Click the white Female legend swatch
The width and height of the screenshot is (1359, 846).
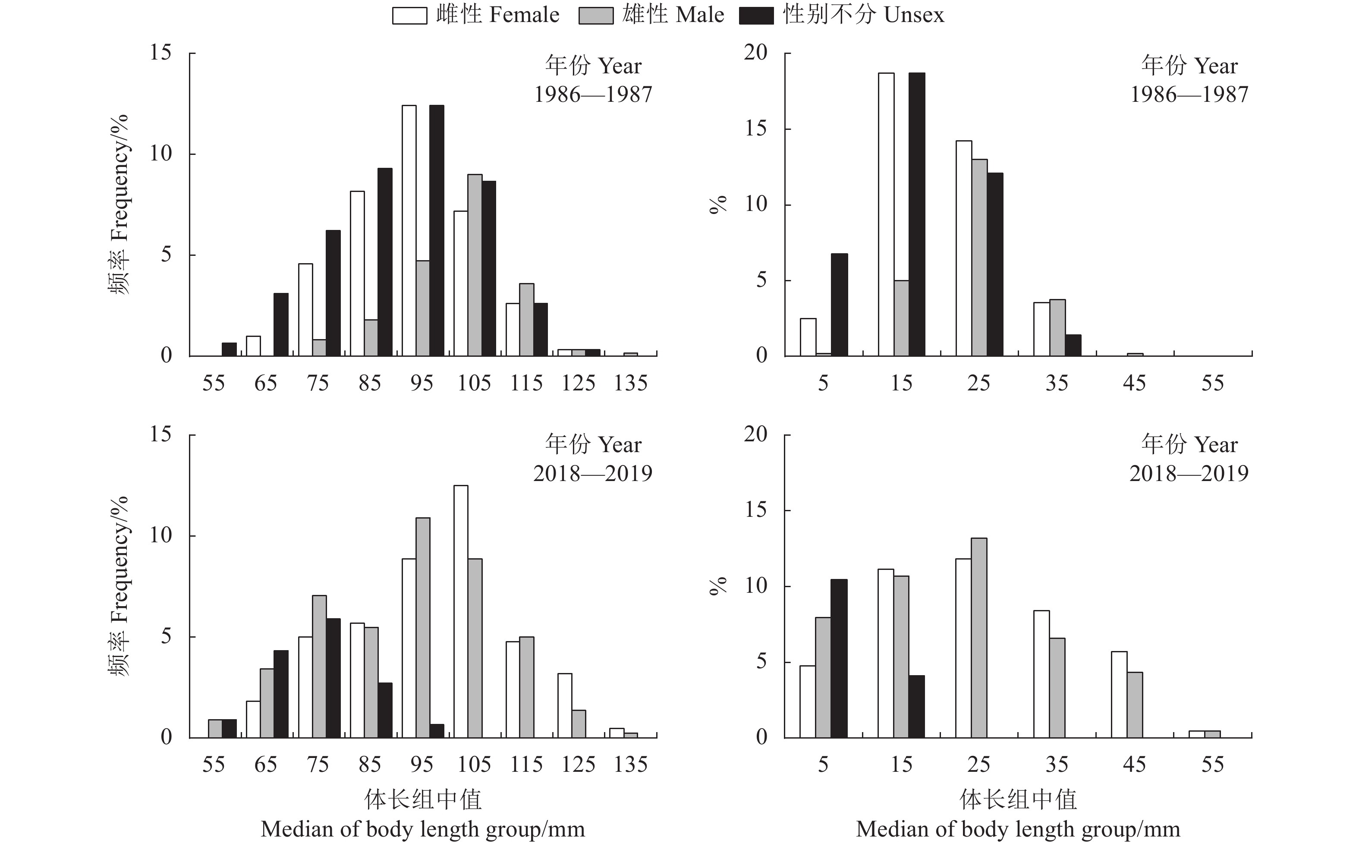pos(409,16)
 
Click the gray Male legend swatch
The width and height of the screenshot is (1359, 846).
pos(596,16)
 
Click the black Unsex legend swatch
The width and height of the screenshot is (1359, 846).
pos(756,16)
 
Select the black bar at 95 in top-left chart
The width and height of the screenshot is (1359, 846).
pos(437,230)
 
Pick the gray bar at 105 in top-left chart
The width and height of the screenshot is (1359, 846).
pos(475,265)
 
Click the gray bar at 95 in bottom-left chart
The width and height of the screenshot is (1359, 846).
pos(423,628)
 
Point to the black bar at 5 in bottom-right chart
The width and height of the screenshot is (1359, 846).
pos(839,659)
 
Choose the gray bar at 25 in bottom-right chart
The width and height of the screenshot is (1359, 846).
pos(978,638)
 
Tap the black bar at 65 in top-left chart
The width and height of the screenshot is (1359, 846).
pos(281,324)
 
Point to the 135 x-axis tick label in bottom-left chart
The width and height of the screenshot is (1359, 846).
pos(631,764)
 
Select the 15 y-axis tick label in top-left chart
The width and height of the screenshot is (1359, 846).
pos(160,53)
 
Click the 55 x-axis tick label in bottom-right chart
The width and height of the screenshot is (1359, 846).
pos(1212,764)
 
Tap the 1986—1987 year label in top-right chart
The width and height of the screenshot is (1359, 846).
pos(1189,94)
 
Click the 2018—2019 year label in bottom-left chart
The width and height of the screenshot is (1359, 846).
pos(592,474)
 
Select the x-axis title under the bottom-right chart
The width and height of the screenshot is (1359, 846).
pos(1018,815)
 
